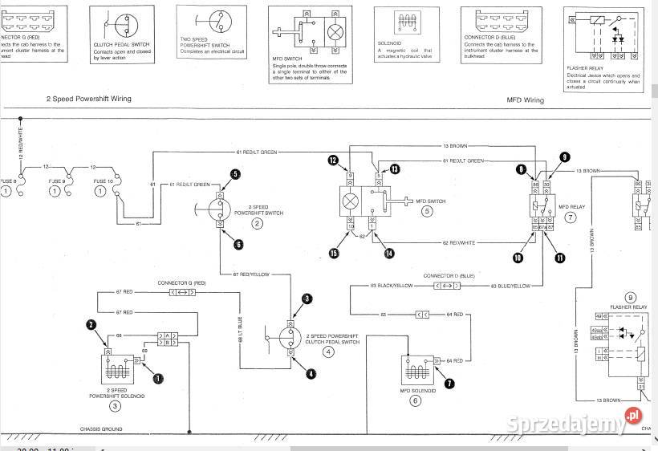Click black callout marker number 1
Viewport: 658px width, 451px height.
point(158,377)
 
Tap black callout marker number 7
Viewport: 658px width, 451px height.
point(449,384)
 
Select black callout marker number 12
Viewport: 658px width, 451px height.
point(333,160)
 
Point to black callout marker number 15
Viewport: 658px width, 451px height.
point(333,254)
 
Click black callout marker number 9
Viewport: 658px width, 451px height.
point(565,157)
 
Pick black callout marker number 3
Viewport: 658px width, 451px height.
point(307,299)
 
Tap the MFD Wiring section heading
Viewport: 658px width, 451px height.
point(525,100)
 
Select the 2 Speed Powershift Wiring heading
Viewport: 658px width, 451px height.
point(88,99)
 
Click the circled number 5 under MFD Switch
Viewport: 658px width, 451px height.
point(428,212)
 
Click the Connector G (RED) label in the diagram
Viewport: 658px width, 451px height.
point(181,283)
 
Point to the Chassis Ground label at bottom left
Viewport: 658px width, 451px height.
point(101,429)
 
